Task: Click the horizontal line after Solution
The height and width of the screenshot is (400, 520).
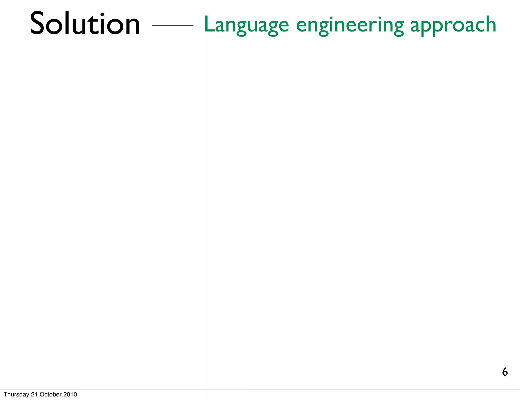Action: [x=172, y=26]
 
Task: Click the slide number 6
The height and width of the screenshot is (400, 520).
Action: [x=505, y=372]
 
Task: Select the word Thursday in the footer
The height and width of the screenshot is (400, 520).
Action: [x=17, y=394]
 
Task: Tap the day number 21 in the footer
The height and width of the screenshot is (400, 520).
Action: [x=34, y=394]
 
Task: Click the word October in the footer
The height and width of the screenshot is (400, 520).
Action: [x=51, y=394]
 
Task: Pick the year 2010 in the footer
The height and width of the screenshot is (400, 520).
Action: [x=70, y=394]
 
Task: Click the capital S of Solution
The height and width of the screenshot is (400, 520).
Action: [x=38, y=23]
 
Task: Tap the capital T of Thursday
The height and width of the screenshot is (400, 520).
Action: [x=5, y=394]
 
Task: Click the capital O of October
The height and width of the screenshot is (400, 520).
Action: [x=42, y=394]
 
